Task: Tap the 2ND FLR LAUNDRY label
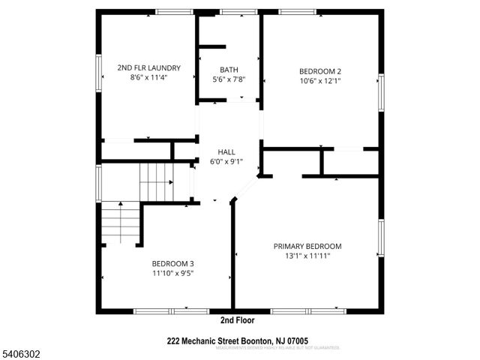pos(148,67)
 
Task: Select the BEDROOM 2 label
pos(320,72)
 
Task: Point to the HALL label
pos(226,151)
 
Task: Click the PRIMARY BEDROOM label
pos(307,246)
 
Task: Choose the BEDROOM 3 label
pos(173,263)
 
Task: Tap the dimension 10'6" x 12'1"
pos(320,81)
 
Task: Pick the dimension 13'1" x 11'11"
pos(307,256)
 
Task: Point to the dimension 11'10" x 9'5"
pos(173,273)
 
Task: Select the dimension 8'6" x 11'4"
pos(148,77)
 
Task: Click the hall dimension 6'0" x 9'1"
pos(226,160)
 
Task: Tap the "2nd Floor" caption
pos(237,320)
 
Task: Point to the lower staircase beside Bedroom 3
pos(121,222)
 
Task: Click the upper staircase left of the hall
pos(157,180)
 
